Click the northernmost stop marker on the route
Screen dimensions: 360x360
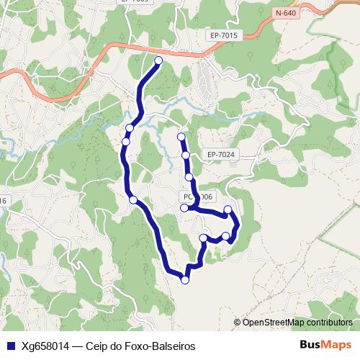158,60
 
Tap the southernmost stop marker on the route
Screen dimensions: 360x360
185,280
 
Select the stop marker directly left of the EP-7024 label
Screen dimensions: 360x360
186,155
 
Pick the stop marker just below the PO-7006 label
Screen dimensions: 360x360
184,208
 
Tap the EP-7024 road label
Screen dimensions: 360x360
220,154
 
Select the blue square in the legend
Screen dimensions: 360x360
10,346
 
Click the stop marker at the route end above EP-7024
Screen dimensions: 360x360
181,137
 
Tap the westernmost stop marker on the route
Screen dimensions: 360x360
126,141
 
